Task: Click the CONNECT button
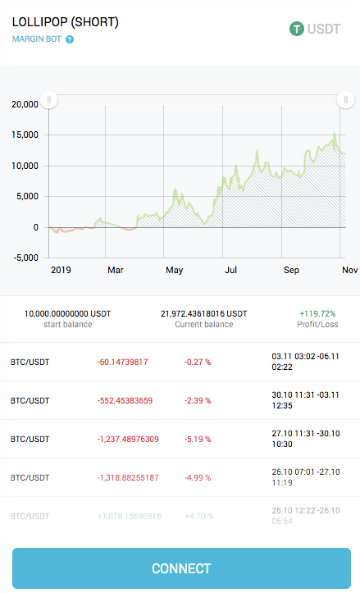181,568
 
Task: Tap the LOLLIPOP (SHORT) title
66,22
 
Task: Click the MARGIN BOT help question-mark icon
70,39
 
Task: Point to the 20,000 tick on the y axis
25,104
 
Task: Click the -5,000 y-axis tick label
25,257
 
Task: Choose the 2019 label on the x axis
62,269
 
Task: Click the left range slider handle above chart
49,100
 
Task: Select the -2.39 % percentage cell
197,400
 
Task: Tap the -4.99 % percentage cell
197,477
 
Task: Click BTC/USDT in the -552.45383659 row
30,400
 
